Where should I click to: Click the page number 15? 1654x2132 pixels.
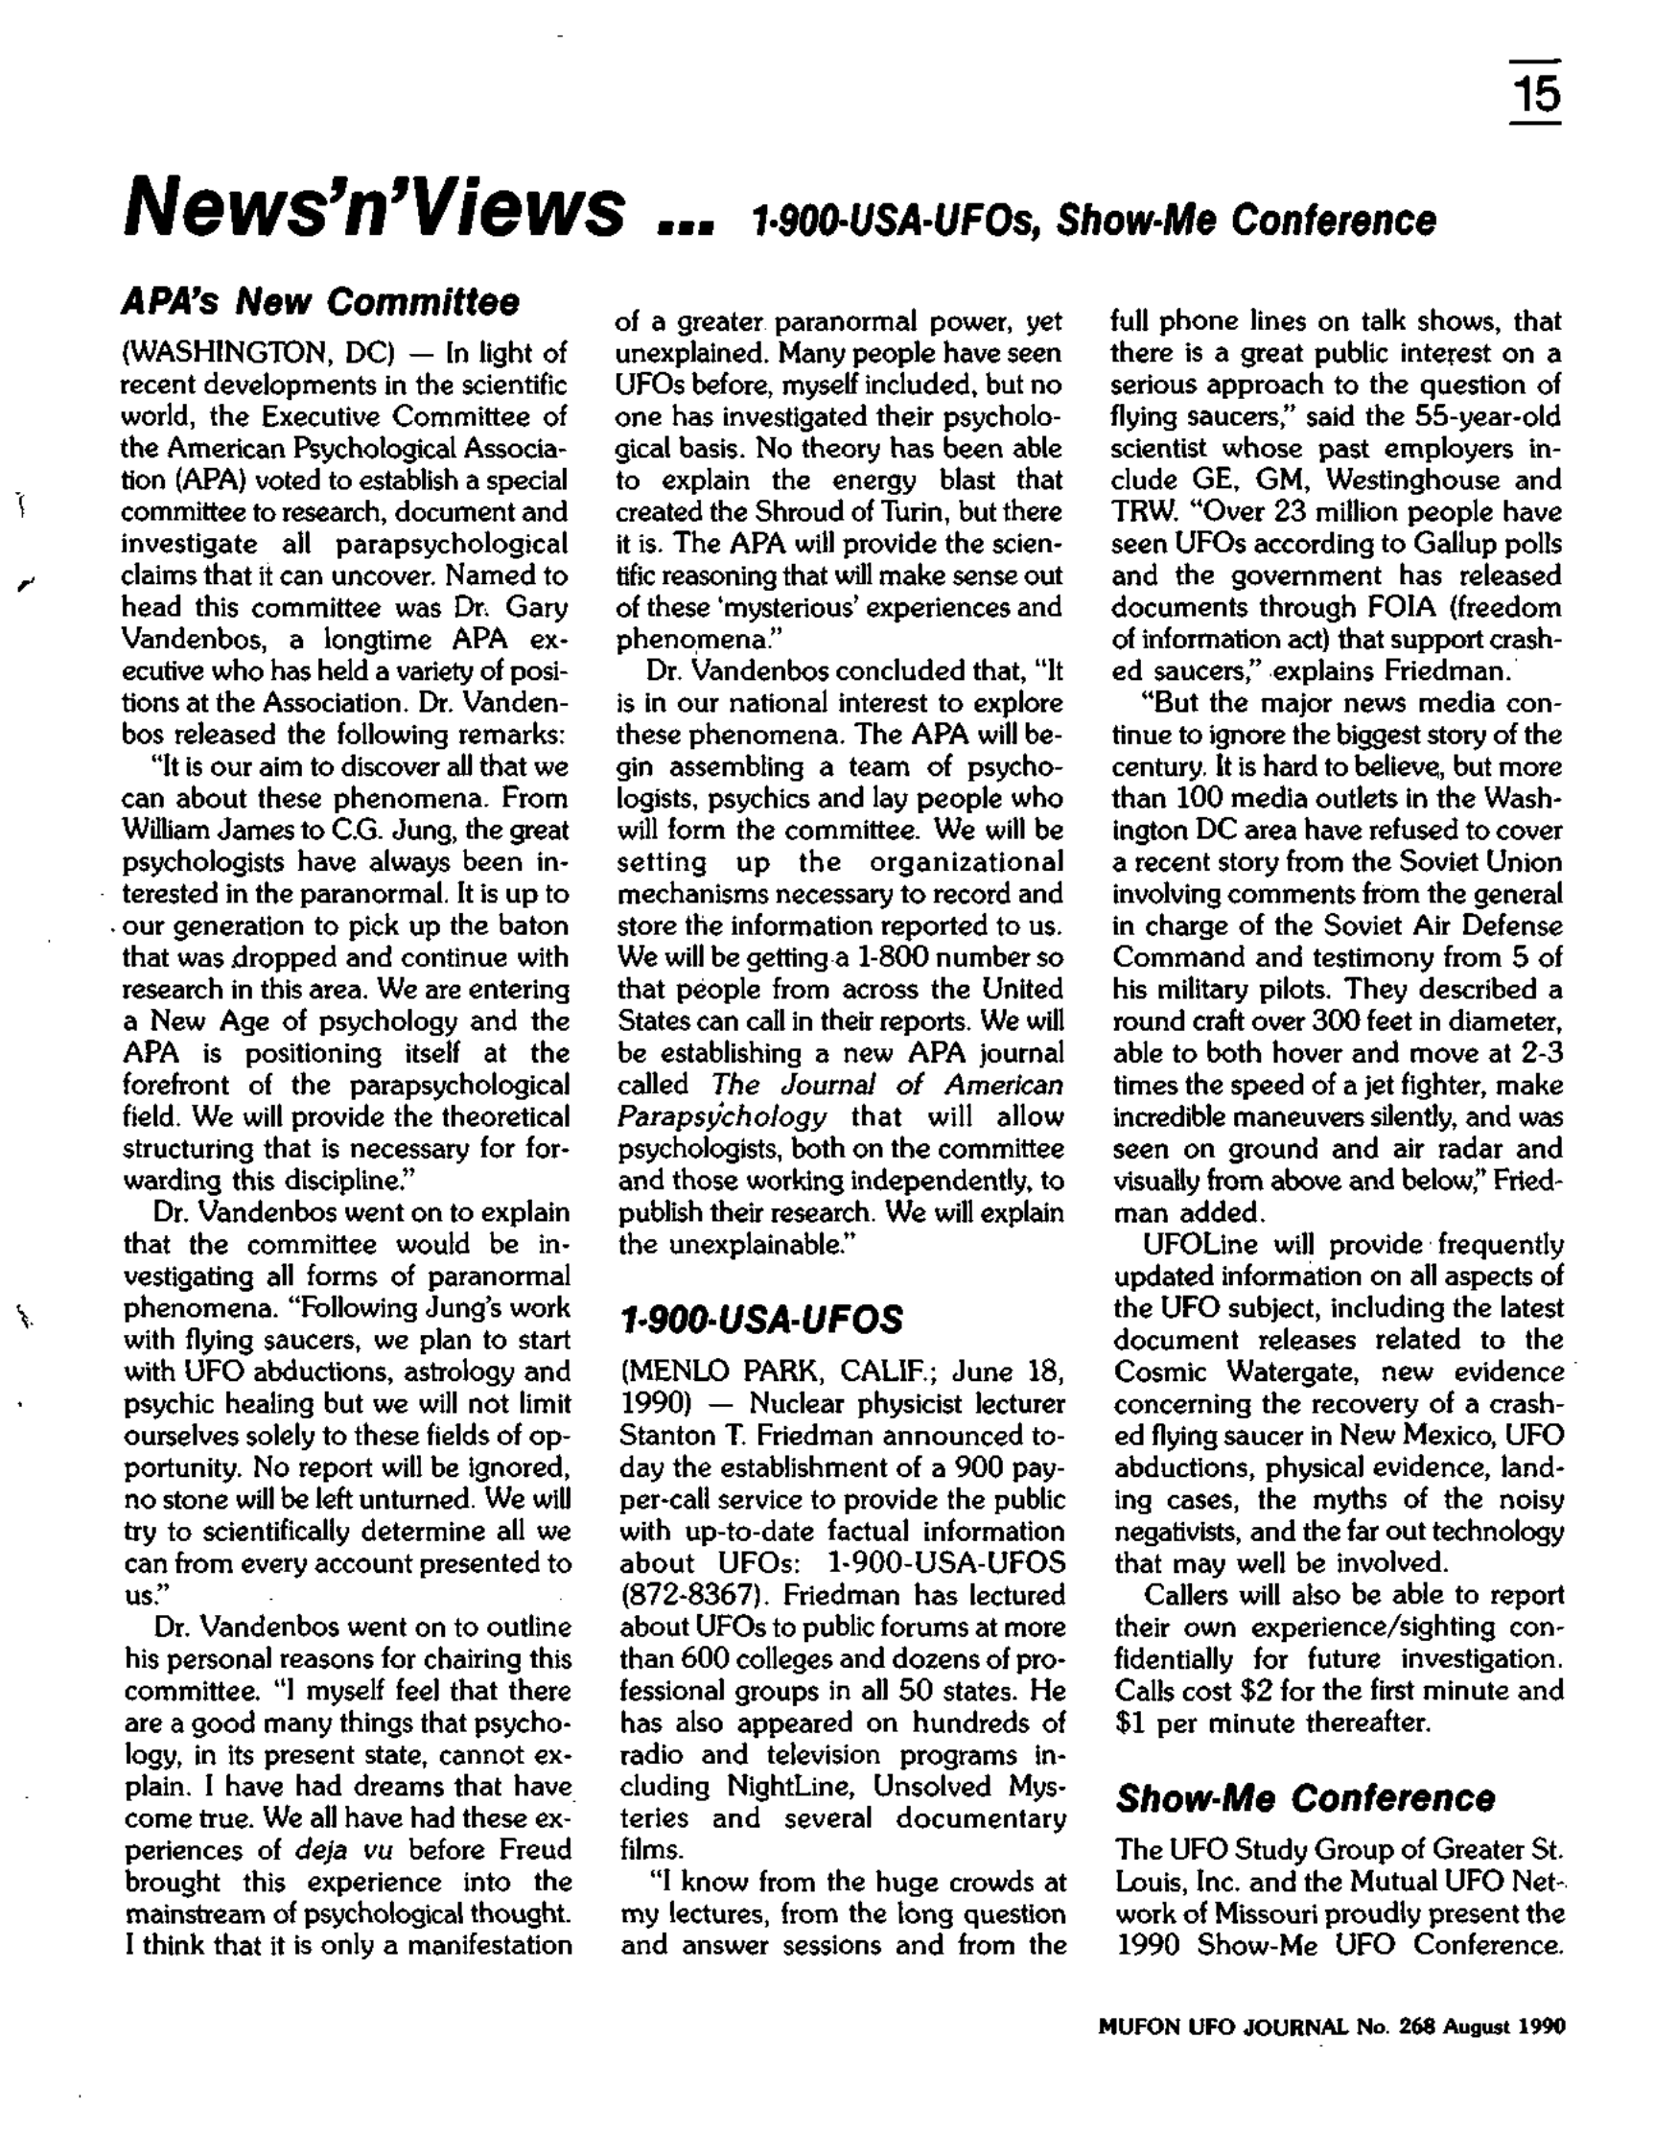[1535, 95]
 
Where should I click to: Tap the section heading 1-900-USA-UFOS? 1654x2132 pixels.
[761, 1320]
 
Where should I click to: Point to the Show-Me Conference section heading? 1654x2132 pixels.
[1305, 1798]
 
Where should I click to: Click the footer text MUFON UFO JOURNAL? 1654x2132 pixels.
[1218, 2027]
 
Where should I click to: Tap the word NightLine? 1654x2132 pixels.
[791, 1787]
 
